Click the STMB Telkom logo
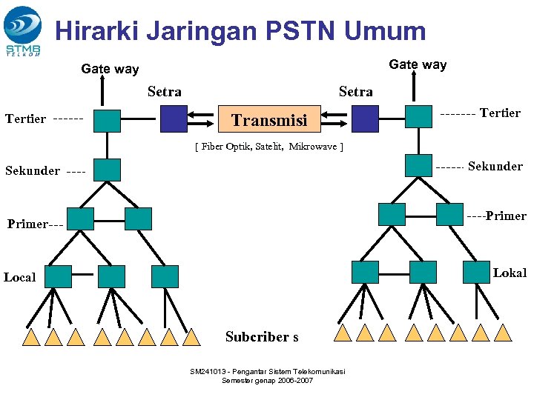[x=23, y=30]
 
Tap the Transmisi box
[x=270, y=119]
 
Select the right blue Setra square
[x=365, y=119]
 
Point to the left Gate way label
[x=110, y=69]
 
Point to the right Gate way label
[x=418, y=64]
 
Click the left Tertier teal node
[x=107, y=120]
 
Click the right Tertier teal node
[x=418, y=116]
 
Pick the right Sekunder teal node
[x=418, y=165]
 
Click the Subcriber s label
[x=262, y=337]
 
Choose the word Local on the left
[x=19, y=278]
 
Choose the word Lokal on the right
[x=510, y=273]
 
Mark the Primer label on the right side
[x=507, y=216]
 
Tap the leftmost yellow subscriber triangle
[x=31, y=338]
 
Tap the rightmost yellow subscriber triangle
[x=504, y=332]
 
